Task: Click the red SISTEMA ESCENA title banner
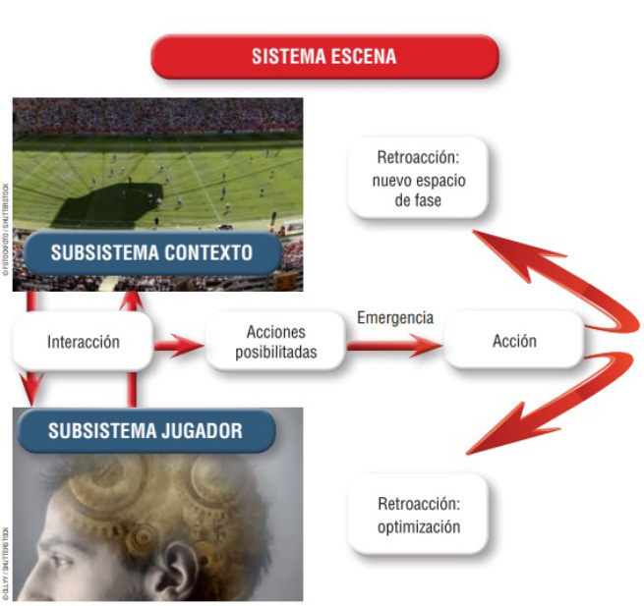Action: [323, 56]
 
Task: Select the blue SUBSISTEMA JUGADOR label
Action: [145, 429]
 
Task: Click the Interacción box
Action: [84, 342]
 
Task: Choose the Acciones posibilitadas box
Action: [276, 342]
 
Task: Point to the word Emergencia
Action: [395, 318]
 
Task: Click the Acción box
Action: [513, 342]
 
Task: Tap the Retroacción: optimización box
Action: [419, 516]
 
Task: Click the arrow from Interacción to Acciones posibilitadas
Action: [178, 344]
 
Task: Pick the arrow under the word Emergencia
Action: [393, 344]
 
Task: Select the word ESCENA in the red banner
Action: [364, 56]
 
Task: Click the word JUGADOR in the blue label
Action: [201, 429]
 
